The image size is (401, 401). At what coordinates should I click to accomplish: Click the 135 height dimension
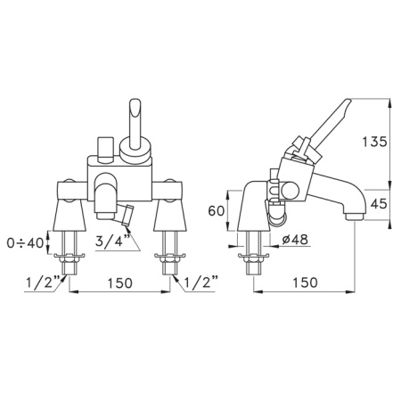point(375,142)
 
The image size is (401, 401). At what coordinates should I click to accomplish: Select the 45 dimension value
point(379,204)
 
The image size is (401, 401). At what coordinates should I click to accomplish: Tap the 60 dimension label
point(216,211)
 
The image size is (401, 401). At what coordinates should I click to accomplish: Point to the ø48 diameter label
point(294,240)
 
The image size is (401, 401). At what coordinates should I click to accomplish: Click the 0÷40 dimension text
point(25,243)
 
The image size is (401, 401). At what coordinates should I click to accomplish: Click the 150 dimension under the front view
point(119,282)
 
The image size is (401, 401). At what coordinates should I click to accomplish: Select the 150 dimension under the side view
point(305,282)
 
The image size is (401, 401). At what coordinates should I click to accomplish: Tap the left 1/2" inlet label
point(43,282)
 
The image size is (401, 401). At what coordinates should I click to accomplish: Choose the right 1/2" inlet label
point(201,282)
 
